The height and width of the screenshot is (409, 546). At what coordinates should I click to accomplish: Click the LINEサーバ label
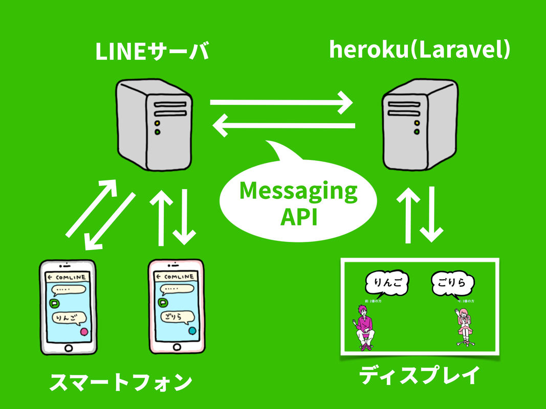(152, 53)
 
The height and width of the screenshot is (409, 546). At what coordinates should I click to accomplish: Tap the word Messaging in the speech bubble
(298, 191)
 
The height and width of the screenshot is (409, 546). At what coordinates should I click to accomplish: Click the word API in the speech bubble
(299, 217)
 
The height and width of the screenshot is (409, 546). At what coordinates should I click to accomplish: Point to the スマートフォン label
(121, 382)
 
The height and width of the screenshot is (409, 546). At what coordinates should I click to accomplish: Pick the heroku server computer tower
(419, 125)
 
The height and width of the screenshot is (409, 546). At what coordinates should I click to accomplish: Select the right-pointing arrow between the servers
(281, 103)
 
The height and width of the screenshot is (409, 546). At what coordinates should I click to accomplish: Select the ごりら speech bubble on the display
(452, 283)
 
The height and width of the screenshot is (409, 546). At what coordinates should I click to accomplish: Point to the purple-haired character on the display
(364, 327)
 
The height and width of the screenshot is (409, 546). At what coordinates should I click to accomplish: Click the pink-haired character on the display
(465, 328)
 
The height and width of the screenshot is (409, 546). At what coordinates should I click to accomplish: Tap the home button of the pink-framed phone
(176, 347)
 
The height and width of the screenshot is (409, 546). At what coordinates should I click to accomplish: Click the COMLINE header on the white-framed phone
(69, 277)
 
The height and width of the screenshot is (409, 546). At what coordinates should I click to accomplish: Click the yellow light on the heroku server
(418, 123)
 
